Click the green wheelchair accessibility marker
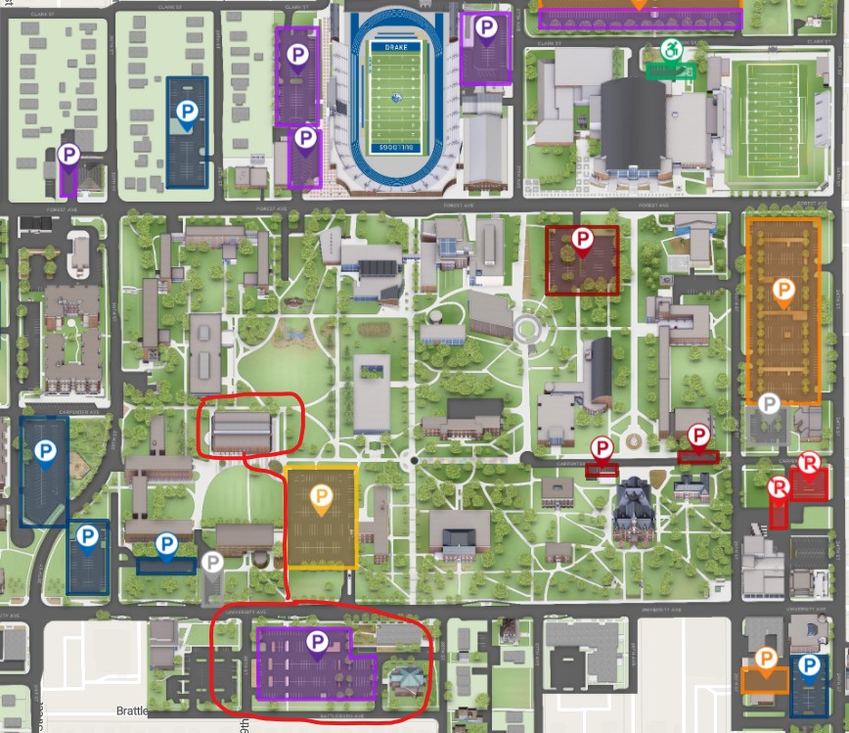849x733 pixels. [x=671, y=50]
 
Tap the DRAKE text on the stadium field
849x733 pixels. [x=396, y=45]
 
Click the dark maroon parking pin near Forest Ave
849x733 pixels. [x=583, y=239]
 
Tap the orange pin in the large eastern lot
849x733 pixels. [x=782, y=290]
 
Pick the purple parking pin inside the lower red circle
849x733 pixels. [x=317, y=642]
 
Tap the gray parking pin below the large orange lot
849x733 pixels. [x=770, y=403]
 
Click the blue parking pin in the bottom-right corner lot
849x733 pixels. [x=809, y=666]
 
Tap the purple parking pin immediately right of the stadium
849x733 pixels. [x=485, y=28]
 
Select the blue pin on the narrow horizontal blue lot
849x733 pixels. [x=166, y=544]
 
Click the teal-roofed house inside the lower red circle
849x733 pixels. [x=405, y=676]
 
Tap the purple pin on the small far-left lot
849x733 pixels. [x=68, y=154]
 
